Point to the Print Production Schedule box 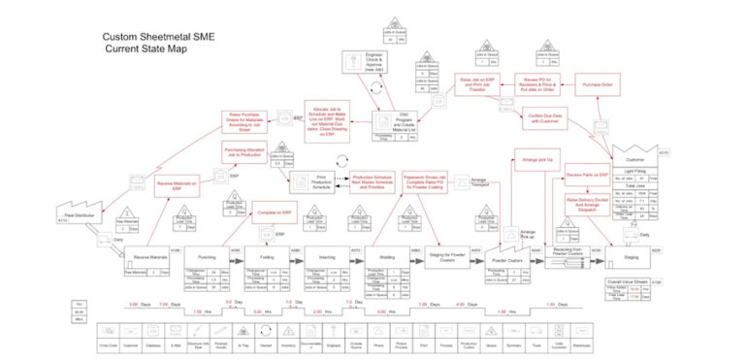308,181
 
